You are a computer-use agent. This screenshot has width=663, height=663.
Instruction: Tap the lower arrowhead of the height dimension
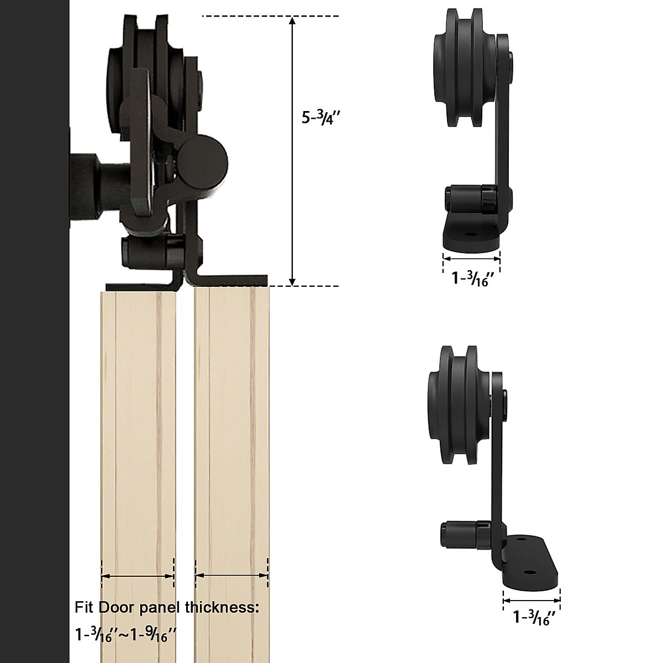(292, 280)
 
